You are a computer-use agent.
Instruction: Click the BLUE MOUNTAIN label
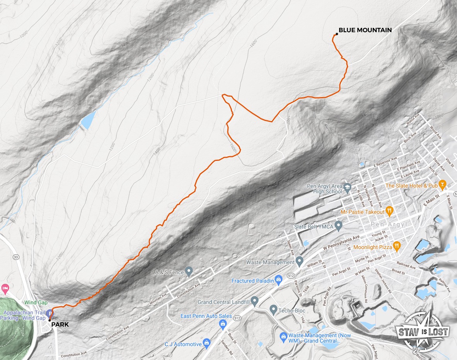pos(365,30)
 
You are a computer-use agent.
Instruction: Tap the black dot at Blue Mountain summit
pos(337,34)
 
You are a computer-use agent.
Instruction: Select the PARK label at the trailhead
pos(60,325)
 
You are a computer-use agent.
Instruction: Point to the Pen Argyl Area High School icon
pos(347,187)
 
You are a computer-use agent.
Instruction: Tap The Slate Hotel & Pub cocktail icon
pos(442,184)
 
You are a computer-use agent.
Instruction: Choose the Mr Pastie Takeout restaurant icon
pos(389,211)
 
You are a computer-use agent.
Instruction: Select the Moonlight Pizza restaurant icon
pos(396,246)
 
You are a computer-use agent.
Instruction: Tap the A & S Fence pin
pos(189,271)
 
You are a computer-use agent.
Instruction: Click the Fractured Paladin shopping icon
pos(278,280)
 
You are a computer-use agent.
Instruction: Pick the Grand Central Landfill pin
pos(254,300)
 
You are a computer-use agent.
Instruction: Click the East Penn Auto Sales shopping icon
pos(223,323)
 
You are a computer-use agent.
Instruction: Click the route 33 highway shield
pos(16,257)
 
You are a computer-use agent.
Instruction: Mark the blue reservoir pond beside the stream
pos(88,120)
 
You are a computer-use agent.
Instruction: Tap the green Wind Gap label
pos(36,302)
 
